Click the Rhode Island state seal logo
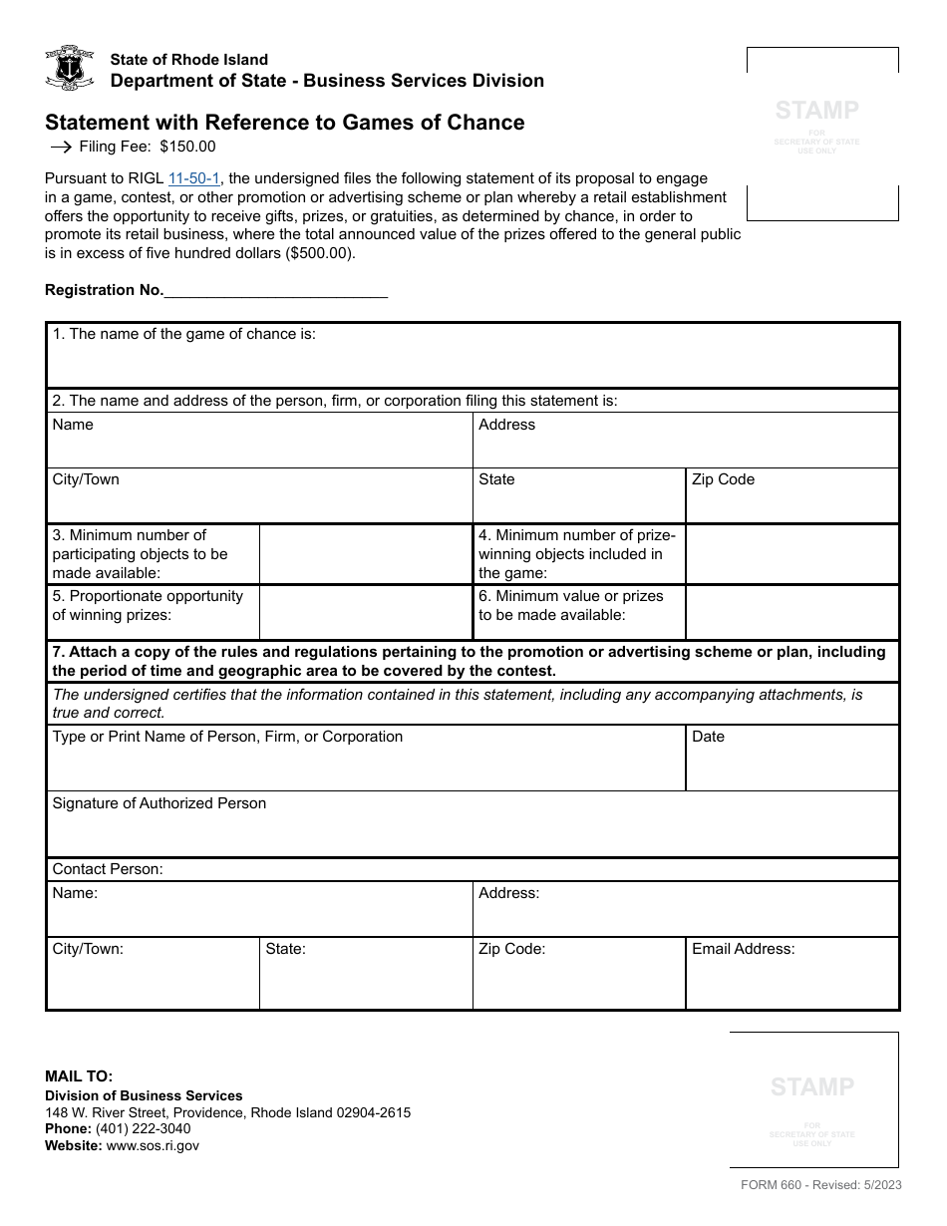(x=70, y=69)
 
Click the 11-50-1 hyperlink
(x=193, y=178)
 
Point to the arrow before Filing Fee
(x=61, y=147)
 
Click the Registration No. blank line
(x=275, y=290)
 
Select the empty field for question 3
(x=365, y=554)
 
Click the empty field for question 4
(x=791, y=554)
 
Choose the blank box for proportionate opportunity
(x=365, y=611)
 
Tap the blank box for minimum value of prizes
(x=791, y=611)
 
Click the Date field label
(x=708, y=737)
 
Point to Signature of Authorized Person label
(x=159, y=803)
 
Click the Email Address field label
(x=743, y=949)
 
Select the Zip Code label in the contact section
(x=511, y=949)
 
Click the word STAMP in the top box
(x=816, y=111)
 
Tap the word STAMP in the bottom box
(x=812, y=1086)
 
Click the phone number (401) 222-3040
(x=143, y=1129)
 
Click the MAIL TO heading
(x=79, y=1076)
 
